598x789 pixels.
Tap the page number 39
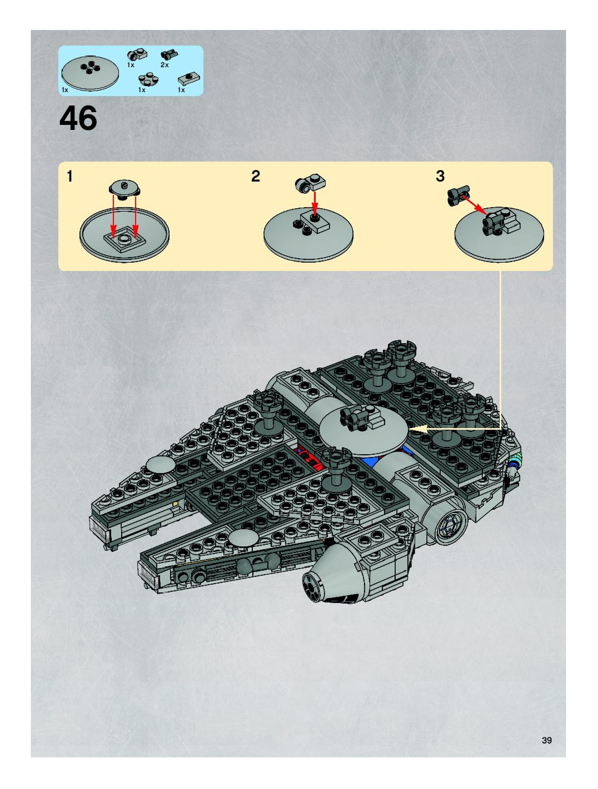[x=546, y=740]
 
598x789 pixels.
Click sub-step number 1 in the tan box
[x=70, y=176]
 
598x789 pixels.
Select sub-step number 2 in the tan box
[x=256, y=176]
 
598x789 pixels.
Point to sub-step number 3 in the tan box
[x=440, y=176]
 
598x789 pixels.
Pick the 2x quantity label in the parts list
[x=165, y=65]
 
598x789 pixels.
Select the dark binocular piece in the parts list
[x=169, y=55]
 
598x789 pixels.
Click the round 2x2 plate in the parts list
[x=148, y=79]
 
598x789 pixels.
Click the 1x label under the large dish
[x=65, y=90]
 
